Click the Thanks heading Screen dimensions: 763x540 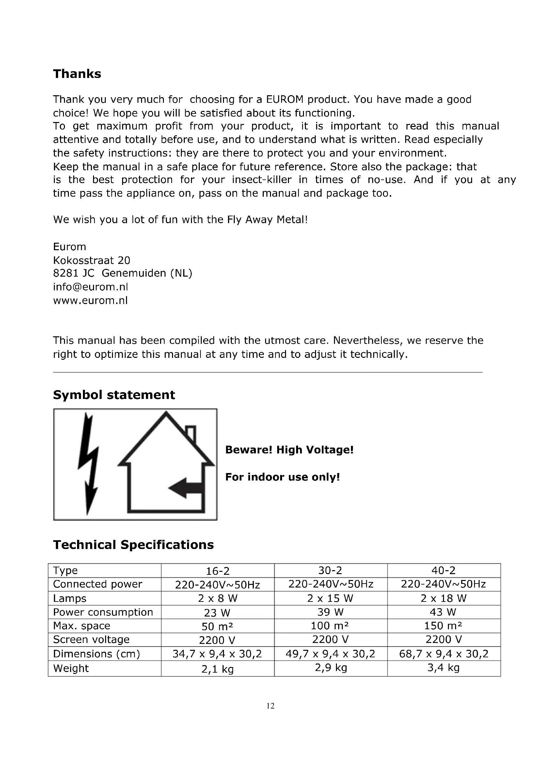coord(77,74)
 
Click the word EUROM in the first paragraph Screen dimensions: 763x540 coord(285,99)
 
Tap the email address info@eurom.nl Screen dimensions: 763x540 coord(90,287)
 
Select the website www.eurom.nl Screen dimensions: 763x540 coord(90,300)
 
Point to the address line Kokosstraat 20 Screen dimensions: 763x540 coord(91,260)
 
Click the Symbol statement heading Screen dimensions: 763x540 coord(114,395)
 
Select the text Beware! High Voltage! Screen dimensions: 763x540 coord(289,450)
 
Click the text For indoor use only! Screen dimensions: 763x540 coord(283,477)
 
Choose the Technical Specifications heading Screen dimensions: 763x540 coord(133,545)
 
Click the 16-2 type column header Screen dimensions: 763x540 coord(217,571)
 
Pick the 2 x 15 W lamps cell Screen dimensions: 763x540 coord(330,598)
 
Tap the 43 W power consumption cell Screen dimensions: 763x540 coord(443,612)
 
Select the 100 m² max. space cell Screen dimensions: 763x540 coord(330,626)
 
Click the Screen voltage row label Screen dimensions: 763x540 coord(91,639)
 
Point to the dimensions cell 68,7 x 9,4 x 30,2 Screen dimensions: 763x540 coord(444,654)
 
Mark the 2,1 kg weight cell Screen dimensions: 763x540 coord(217,669)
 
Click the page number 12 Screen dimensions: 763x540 coord(270,706)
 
